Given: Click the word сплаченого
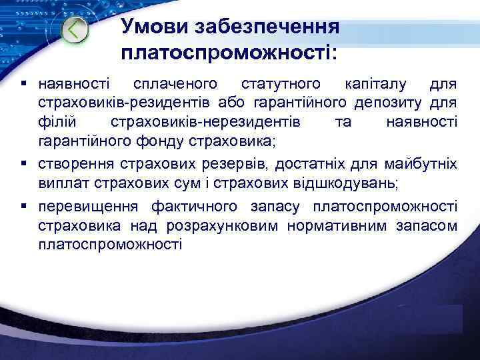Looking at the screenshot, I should (175, 85).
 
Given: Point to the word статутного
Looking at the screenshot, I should (281, 85).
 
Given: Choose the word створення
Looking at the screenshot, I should (73, 164).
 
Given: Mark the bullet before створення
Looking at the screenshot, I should (25, 164).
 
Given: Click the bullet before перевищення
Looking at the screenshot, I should (25, 207).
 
